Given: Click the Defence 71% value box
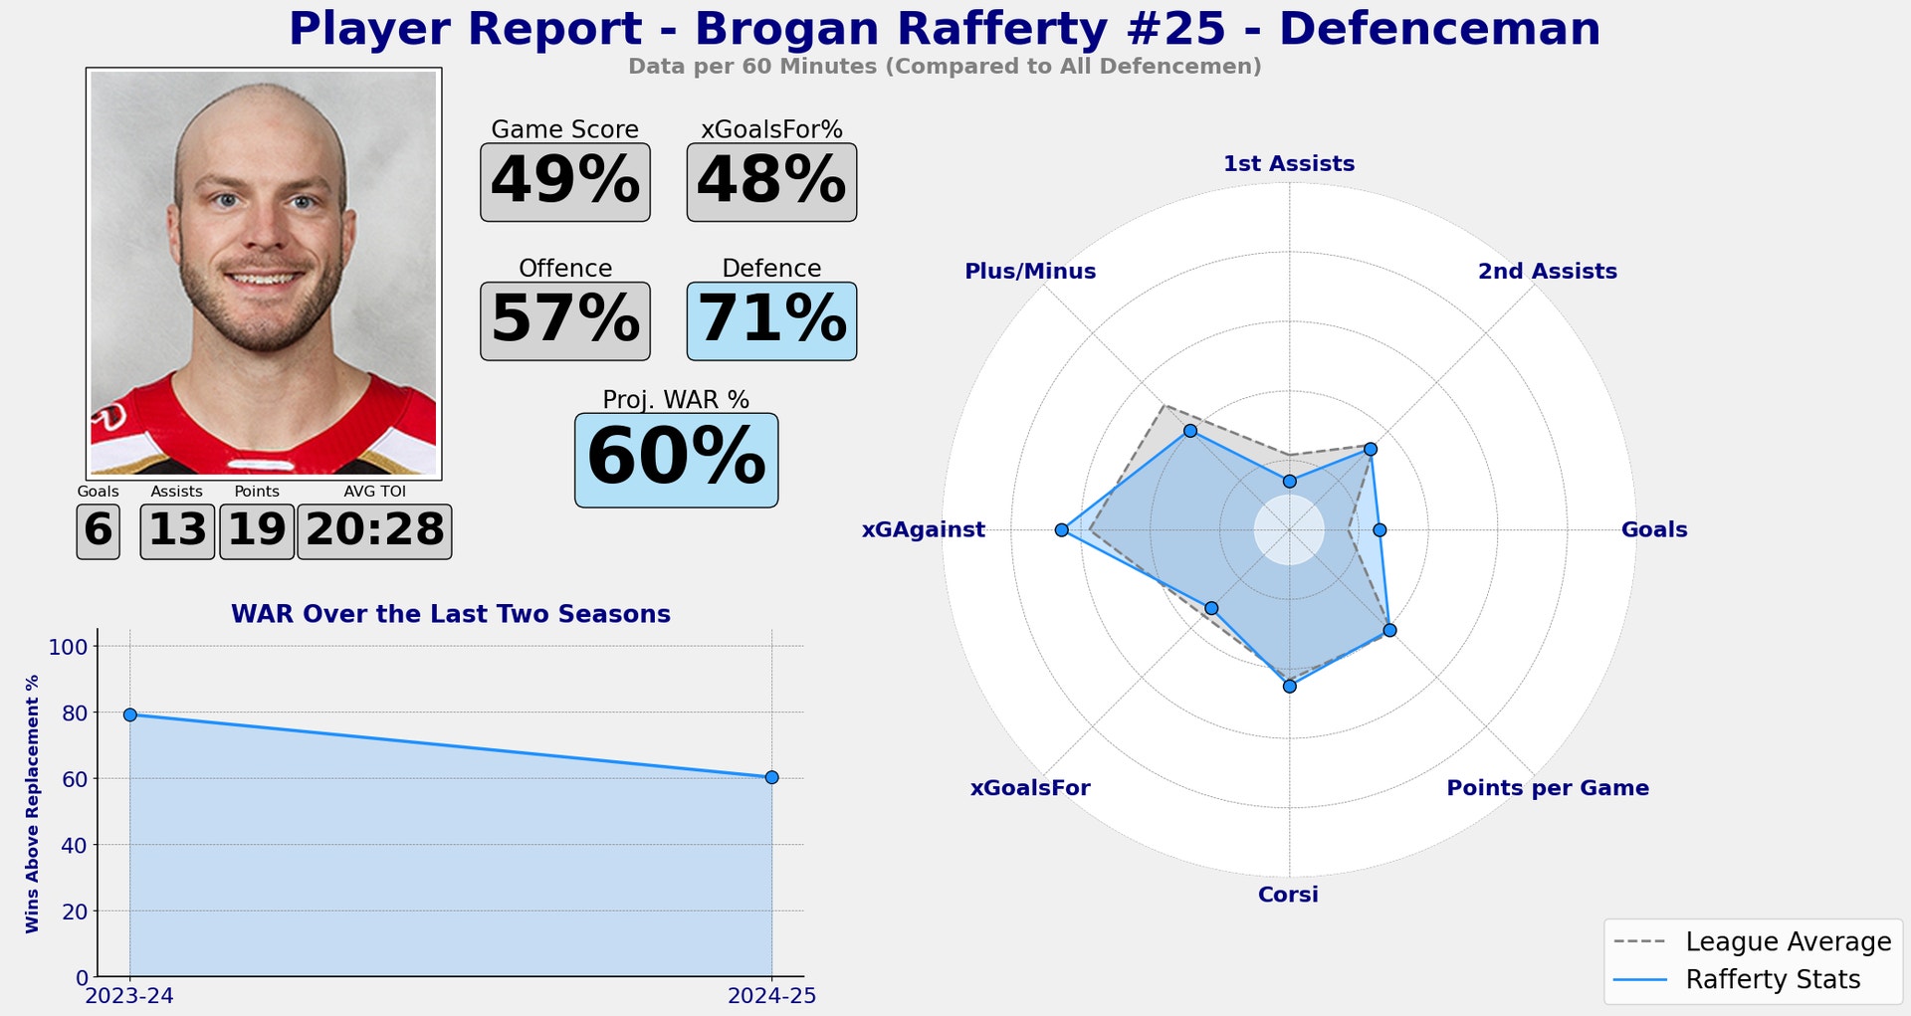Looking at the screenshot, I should pos(771,320).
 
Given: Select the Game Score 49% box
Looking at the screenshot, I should pos(564,182).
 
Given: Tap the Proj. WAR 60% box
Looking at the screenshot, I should pos(676,460).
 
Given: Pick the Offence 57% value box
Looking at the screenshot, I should pos(564,320).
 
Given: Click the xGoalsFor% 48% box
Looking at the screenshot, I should pos(771,182).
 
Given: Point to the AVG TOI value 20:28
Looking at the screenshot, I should pos(374,531).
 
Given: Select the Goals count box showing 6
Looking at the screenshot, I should pos(98,531).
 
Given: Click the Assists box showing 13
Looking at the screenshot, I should pos(177,531).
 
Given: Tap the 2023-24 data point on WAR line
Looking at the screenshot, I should pos(129,714).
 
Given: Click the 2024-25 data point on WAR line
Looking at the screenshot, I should pos(771,777).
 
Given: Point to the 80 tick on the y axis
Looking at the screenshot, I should pos(75,712).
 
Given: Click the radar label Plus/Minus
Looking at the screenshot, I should pos(1030,271).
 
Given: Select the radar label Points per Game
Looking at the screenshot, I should pos(1547,788).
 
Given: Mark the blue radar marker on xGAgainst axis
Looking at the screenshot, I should pos(1062,530).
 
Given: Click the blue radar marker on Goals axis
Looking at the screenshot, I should pos(1380,530).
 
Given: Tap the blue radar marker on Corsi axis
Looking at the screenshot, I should pos(1289,687).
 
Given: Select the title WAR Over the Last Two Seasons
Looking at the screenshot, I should pos(450,614).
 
